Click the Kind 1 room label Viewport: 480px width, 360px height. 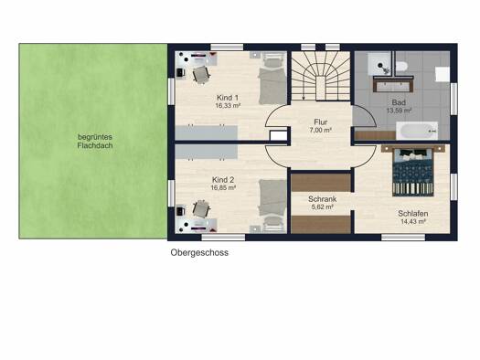(x=227, y=98)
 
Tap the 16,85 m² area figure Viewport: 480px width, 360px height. (x=223, y=188)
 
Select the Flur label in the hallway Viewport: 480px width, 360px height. (x=321, y=122)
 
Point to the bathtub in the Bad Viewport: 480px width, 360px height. (x=417, y=131)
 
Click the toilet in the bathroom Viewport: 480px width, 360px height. (x=401, y=66)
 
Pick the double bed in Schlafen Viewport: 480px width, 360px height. (x=413, y=172)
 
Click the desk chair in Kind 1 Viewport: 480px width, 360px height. (x=201, y=74)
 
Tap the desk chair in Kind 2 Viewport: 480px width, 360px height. (x=201, y=209)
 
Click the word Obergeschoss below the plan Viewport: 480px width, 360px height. (x=199, y=253)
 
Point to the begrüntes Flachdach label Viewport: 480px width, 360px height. (x=95, y=142)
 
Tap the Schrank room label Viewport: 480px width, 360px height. (x=322, y=199)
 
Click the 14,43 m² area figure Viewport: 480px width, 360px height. (x=413, y=222)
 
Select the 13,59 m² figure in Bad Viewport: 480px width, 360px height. (x=399, y=111)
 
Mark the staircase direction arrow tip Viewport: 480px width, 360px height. (x=304, y=99)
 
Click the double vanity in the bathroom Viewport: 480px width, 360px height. (x=393, y=84)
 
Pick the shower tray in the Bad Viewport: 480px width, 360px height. (x=379, y=63)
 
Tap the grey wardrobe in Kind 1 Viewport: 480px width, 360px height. (x=207, y=132)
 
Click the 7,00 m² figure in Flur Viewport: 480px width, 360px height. (x=321, y=130)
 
